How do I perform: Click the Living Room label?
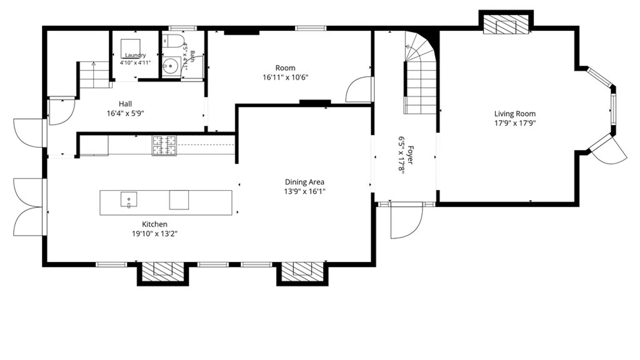point(515,114)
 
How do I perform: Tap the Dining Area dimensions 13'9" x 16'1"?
point(305,191)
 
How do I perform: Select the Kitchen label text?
point(155,224)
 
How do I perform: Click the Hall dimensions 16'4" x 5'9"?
point(125,113)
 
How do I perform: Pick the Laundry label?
point(135,55)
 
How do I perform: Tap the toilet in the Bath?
point(173,41)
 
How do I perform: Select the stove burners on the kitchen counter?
point(164,145)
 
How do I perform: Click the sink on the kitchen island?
point(129,200)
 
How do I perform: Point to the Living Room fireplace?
point(506,24)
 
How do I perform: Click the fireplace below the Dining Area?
point(302,272)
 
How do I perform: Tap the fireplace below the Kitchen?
point(163,272)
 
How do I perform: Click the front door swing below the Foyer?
point(407,221)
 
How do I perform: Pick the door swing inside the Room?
point(359,89)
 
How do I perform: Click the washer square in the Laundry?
point(130,49)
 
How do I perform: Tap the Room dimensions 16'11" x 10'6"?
point(285,77)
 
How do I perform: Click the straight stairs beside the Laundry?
point(94,75)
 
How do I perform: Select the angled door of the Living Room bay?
point(608,150)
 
